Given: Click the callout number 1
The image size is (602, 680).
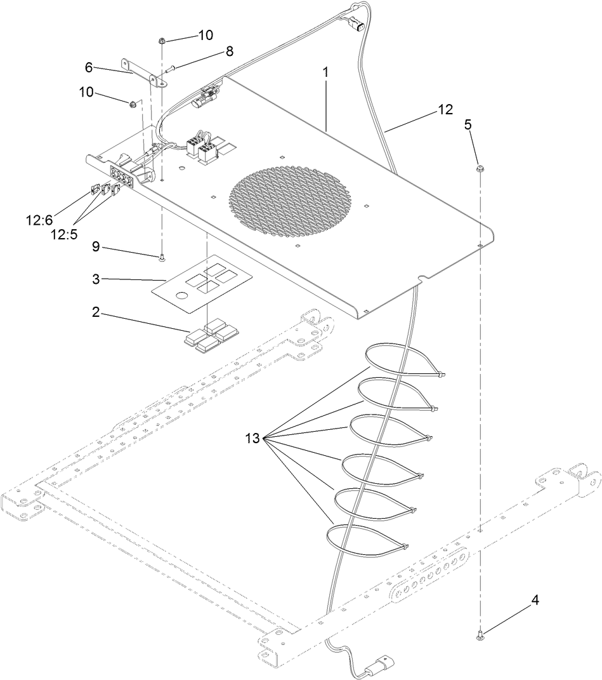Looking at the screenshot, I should point(325,72).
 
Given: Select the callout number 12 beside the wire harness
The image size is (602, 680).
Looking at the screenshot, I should point(445,109).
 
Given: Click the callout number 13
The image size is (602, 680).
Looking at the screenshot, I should point(252,438).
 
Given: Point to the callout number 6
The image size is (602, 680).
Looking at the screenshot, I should point(89,67).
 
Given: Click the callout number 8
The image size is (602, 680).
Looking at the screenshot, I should point(230,52).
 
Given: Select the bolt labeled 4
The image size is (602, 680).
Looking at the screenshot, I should point(480,633).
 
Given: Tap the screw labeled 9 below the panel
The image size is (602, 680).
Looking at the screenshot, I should point(162,257).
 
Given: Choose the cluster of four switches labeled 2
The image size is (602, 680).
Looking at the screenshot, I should point(211,333).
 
